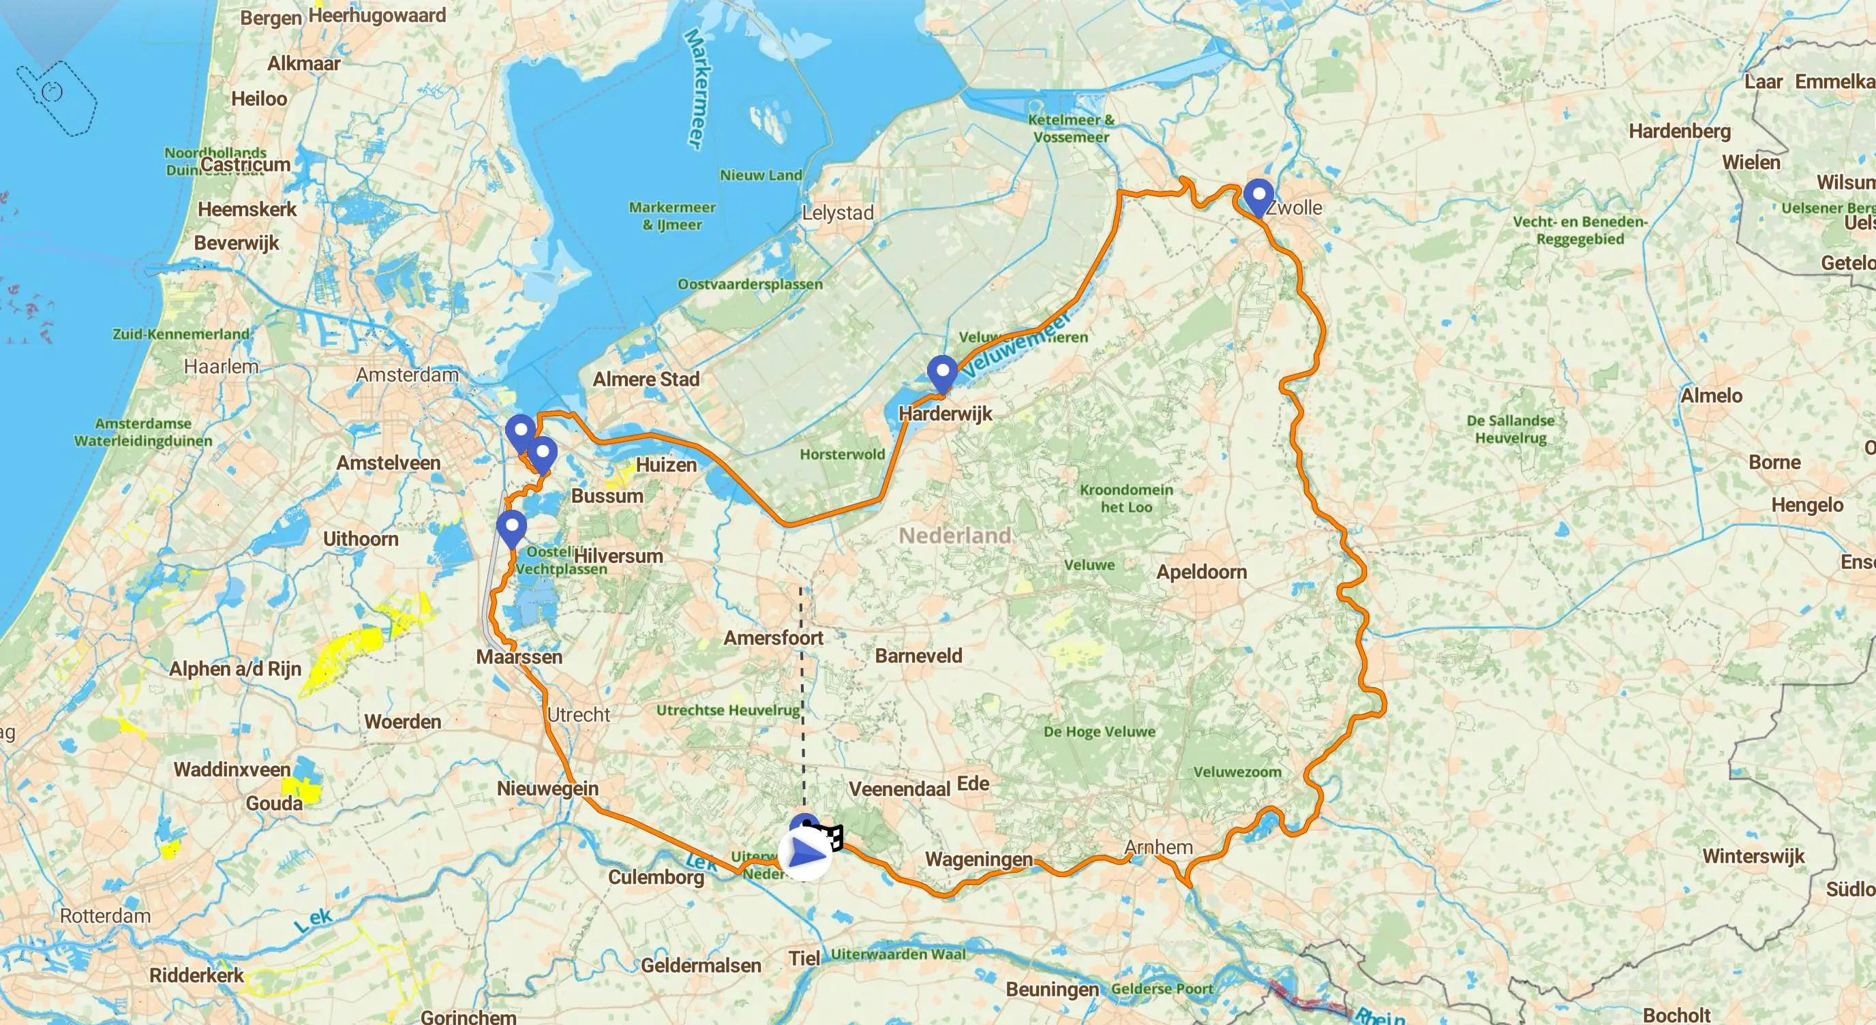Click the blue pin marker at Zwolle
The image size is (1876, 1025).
1258,195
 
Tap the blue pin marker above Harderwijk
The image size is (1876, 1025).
941,373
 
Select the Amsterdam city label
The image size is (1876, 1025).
407,375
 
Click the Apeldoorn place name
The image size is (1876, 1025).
1201,572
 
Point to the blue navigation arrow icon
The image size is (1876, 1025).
804,853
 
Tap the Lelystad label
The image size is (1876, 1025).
838,213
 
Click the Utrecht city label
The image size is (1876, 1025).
578,715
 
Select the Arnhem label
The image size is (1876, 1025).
1158,847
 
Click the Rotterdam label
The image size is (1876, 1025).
105,916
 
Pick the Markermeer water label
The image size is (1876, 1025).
695,89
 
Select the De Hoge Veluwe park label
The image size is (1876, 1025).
1099,732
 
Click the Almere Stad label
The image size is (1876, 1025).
646,380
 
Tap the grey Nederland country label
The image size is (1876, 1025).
954,536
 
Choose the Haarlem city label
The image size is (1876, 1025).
221,366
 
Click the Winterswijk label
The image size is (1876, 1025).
1753,856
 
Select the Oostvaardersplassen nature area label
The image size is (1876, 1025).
749,284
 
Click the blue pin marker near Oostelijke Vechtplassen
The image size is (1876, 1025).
511,526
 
